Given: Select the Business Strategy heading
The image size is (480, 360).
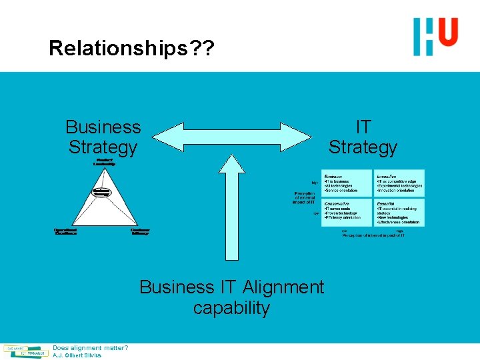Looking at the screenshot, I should point(103,137).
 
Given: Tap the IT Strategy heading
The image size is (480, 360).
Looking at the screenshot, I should point(363,137).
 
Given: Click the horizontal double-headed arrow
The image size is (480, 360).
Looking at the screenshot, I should point(233,137).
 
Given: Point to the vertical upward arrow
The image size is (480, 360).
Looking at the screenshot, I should point(231,207).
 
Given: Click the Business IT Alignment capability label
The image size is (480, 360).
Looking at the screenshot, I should point(231,297).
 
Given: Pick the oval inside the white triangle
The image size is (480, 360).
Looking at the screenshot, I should point(102,192).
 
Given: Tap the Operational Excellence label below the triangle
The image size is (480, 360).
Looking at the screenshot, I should point(65,231).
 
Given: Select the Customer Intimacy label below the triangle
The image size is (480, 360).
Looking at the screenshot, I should point(140,231).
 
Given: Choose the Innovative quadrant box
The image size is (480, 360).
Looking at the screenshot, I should point(399,183).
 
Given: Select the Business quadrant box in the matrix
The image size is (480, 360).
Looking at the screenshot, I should point(346,183).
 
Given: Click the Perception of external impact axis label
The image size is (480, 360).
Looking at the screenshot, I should point(305,197).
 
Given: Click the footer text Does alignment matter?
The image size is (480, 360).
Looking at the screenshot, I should point(90,347).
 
